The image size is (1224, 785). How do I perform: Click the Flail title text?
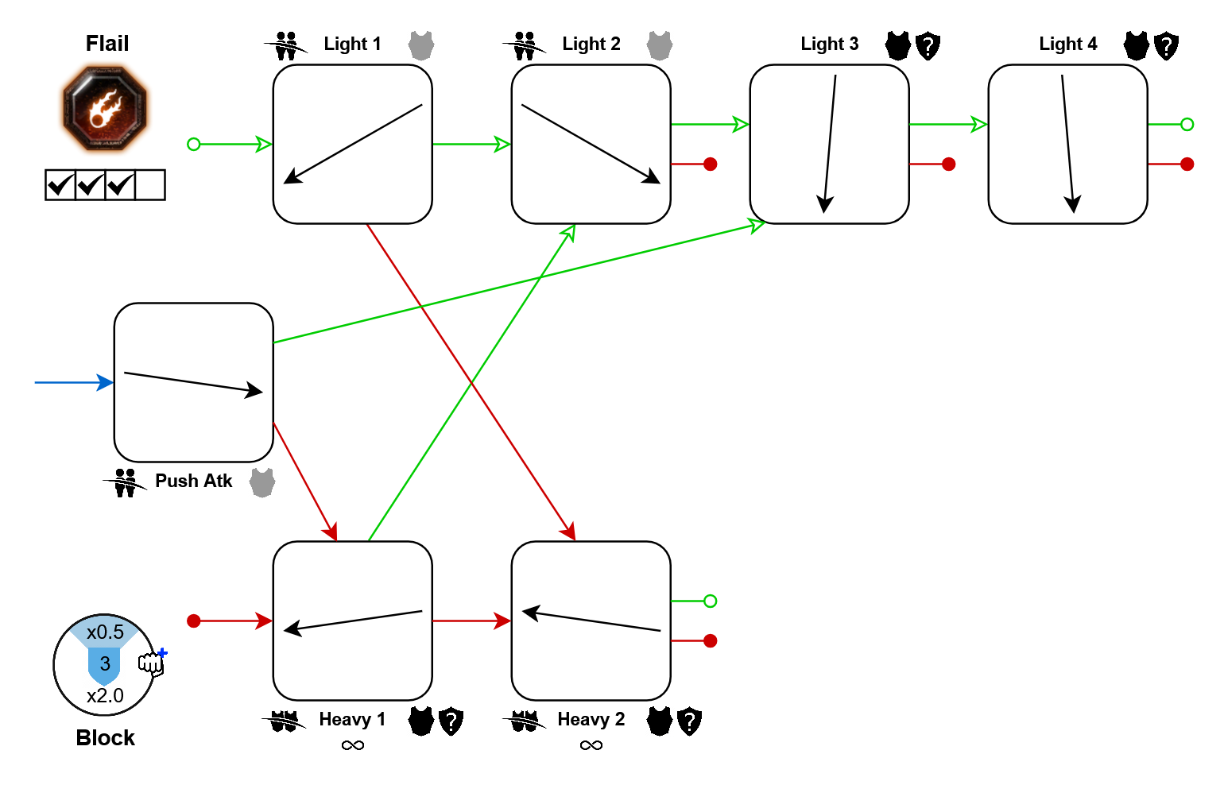[x=107, y=44]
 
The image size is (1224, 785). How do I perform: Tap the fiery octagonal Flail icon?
[x=106, y=109]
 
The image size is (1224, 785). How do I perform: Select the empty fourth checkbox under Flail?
[x=150, y=185]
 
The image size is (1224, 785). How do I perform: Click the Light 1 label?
[x=352, y=44]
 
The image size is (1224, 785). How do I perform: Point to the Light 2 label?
[x=591, y=44]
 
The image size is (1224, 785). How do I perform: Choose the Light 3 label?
[x=829, y=44]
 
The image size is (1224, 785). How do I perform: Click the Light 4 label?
[x=1067, y=44]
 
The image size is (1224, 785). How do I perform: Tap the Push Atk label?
[x=193, y=481]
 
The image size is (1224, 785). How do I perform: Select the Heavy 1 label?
[x=352, y=719]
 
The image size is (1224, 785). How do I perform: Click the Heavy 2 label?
[x=591, y=719]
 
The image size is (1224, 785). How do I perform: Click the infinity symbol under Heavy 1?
[x=352, y=745]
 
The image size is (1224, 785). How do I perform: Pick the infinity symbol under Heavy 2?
[x=591, y=745]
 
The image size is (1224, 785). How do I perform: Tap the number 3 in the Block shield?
[x=105, y=664]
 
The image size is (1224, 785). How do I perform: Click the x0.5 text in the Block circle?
[x=105, y=632]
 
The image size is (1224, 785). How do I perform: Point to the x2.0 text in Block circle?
[x=105, y=696]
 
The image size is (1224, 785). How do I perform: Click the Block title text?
[x=106, y=738]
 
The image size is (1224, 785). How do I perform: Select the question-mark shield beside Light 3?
[x=928, y=46]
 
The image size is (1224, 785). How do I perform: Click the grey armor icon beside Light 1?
[x=421, y=45]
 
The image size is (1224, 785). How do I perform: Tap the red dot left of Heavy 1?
[x=193, y=621]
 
